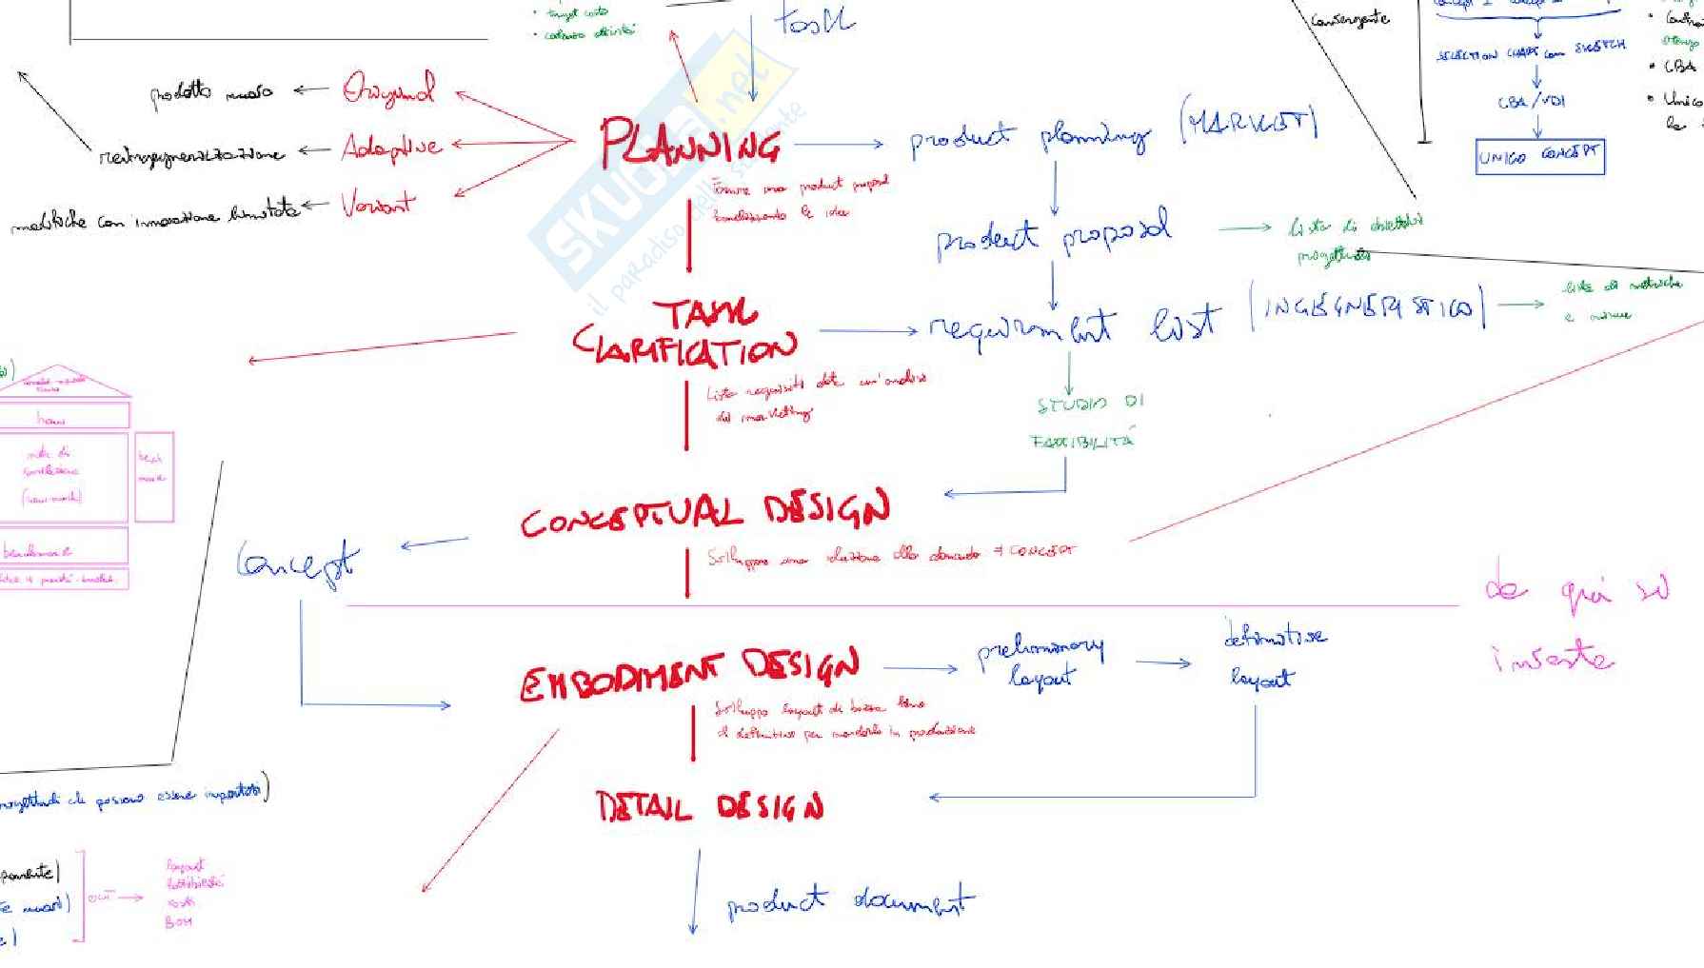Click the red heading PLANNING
689,145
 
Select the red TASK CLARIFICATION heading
685,333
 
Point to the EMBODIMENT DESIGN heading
690,672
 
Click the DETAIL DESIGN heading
709,807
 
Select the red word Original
388,90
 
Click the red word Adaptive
391,147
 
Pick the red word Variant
378,204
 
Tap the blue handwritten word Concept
298,563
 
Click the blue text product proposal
1052,235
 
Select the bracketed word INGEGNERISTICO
1368,306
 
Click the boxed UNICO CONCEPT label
1539,157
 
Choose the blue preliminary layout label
1040,662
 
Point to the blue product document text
850,902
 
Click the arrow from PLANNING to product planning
839,145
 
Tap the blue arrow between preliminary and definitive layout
1162,662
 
